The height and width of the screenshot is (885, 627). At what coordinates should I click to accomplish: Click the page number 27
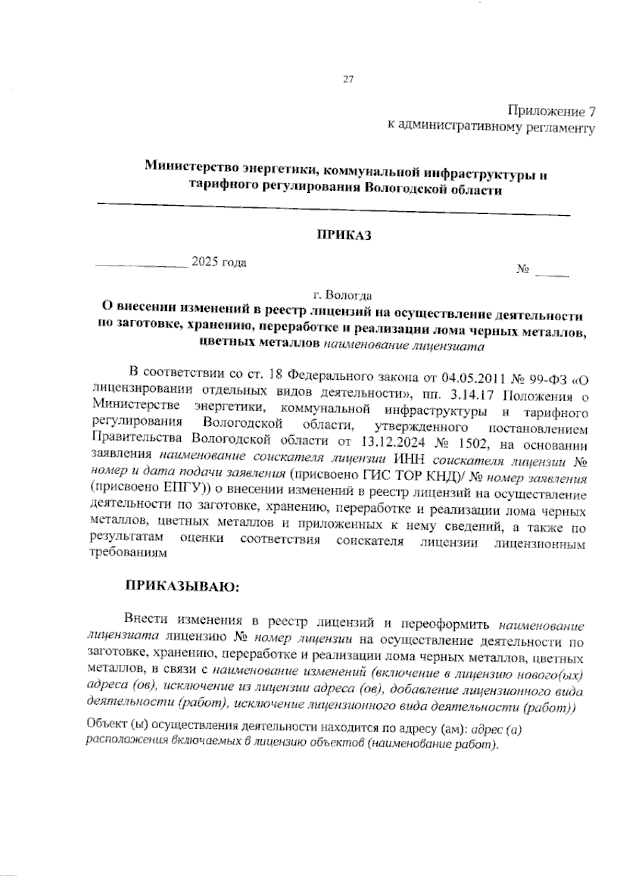(349, 80)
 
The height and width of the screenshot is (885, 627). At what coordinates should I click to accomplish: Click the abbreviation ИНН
(410, 460)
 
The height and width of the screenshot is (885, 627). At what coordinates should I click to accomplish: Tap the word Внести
(146, 620)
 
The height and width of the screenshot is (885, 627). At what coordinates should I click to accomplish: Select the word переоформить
(445, 624)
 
